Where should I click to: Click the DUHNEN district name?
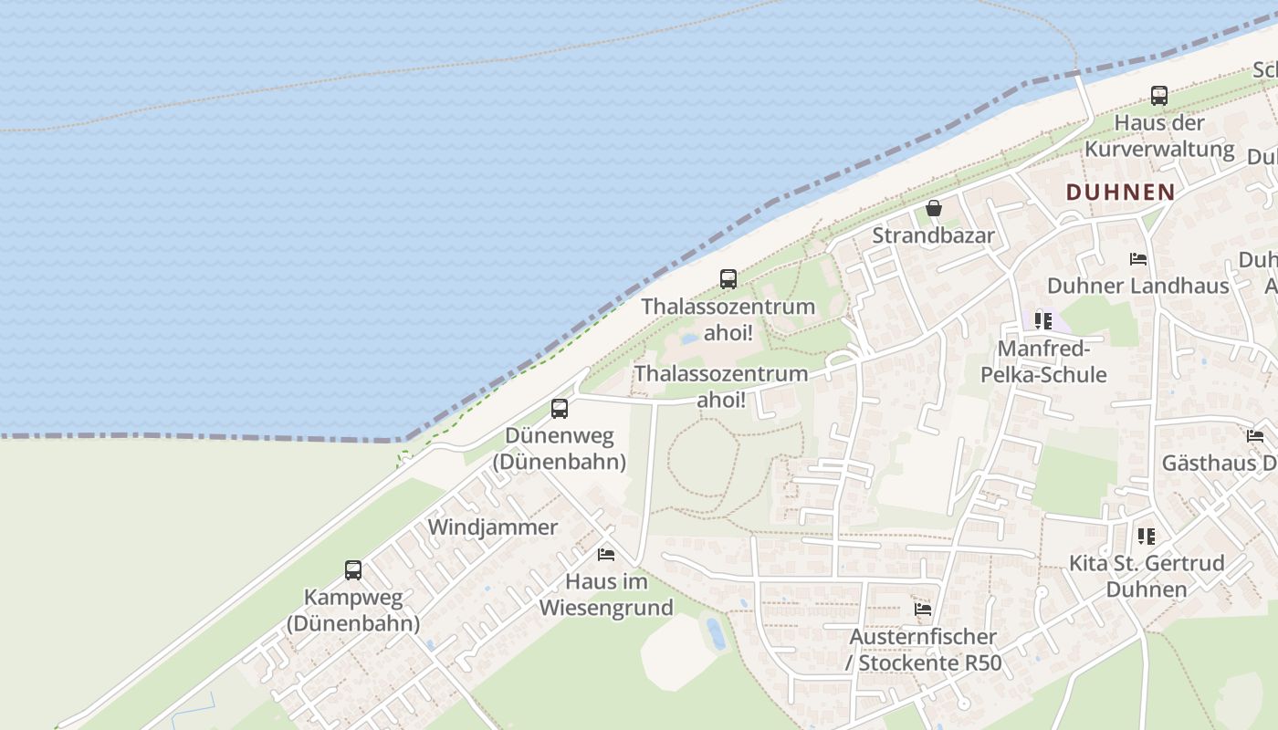click(x=1120, y=192)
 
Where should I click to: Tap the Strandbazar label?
click(x=933, y=235)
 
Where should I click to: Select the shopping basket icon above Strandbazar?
click(x=933, y=208)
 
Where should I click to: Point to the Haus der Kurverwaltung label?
click(x=1159, y=135)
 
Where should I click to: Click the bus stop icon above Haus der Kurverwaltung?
click(x=1158, y=95)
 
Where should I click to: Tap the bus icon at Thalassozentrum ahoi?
click(x=728, y=279)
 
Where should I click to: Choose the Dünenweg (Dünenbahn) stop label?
click(x=559, y=449)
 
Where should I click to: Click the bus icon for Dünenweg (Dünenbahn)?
click(x=559, y=409)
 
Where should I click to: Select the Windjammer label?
click(x=492, y=527)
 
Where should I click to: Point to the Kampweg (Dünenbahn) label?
click(x=352, y=610)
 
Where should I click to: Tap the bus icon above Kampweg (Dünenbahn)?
click(x=352, y=570)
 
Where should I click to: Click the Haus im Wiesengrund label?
click(x=606, y=594)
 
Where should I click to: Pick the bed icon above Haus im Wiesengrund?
click(x=605, y=554)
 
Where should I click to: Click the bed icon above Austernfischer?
click(x=923, y=609)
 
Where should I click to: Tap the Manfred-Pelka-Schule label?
click(x=1042, y=361)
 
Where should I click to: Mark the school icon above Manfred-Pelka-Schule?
click(x=1042, y=321)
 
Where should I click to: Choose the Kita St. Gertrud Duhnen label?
click(x=1147, y=576)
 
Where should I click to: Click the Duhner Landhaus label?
click(x=1137, y=286)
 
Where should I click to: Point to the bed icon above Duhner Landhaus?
click(x=1137, y=259)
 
